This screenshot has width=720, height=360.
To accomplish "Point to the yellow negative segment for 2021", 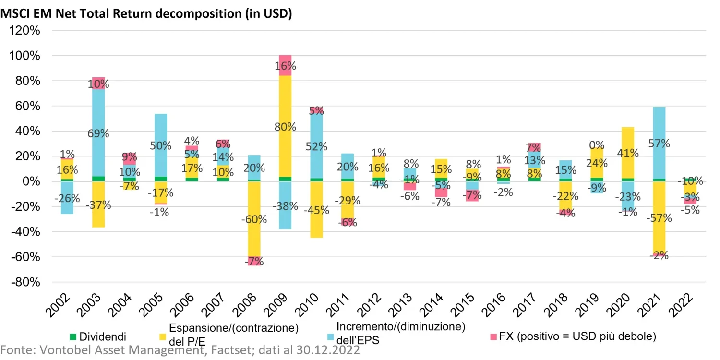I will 659,235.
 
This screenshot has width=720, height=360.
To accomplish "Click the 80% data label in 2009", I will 285,127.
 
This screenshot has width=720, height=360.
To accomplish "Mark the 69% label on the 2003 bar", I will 98,133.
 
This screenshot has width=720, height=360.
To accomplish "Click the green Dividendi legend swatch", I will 73,336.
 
